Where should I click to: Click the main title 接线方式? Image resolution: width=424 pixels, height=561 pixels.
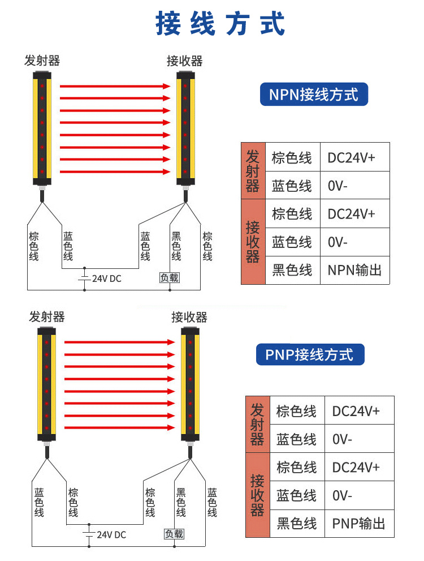pyautogui.click(x=220, y=24)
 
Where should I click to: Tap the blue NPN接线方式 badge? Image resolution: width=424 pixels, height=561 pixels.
pyautogui.click(x=314, y=95)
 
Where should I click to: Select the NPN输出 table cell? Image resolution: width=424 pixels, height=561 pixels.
pyautogui.click(x=354, y=270)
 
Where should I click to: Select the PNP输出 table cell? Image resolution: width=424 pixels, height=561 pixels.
pyautogui.click(x=358, y=523)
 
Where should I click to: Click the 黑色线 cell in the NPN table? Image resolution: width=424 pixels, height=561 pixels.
pyautogui.click(x=292, y=270)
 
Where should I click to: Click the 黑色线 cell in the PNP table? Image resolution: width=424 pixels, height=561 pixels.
pyautogui.click(x=296, y=523)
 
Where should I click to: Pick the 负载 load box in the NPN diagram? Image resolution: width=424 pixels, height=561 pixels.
pyautogui.click(x=170, y=277)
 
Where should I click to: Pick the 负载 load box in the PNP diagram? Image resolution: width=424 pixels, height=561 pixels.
pyautogui.click(x=174, y=534)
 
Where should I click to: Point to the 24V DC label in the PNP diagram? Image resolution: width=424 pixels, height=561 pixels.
pyautogui.click(x=111, y=534)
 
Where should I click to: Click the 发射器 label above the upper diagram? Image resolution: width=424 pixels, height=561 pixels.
pyautogui.click(x=42, y=61)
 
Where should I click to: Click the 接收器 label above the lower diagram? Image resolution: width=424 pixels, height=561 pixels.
pyautogui.click(x=189, y=317)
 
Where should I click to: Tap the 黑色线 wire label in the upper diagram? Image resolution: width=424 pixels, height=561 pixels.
pyautogui.click(x=176, y=247)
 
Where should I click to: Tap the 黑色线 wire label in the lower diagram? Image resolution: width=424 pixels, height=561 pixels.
pyautogui.click(x=181, y=502)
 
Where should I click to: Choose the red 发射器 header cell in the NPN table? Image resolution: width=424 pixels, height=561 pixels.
pyautogui.click(x=253, y=170)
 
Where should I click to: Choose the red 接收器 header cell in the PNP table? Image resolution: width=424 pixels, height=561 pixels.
pyautogui.click(x=257, y=495)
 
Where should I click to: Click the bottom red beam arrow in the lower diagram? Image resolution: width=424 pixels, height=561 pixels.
pyautogui.click(x=119, y=428)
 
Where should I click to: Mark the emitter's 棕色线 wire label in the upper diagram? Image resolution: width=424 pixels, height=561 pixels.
pyautogui.click(x=34, y=247)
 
